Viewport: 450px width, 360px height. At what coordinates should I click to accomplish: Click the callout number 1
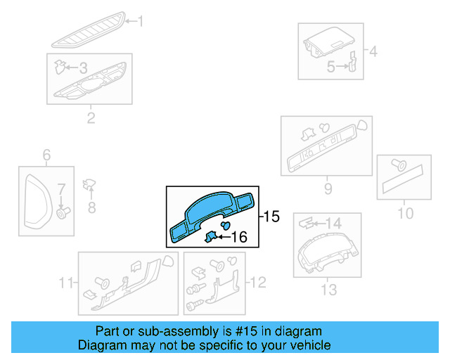pos(139,22)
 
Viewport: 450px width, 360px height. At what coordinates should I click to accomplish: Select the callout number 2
pos(91,117)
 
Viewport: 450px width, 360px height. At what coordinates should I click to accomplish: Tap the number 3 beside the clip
pos(82,68)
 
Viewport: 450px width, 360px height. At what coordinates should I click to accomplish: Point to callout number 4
pos(373,51)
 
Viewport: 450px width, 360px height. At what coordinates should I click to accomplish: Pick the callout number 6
pos(47,155)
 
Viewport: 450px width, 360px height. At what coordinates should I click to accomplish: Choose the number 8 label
pos(91,207)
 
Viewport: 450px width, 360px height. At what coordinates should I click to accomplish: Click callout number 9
pos(328,188)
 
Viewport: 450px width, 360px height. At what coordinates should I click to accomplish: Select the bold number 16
pos(240,238)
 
